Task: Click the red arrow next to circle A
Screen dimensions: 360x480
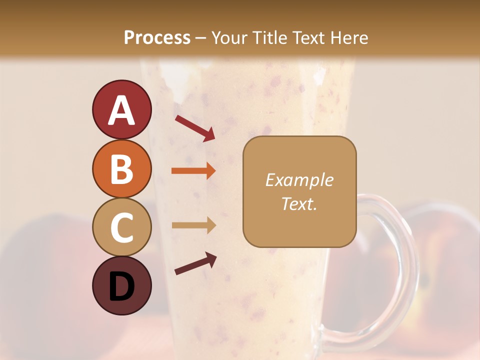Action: pyautogui.click(x=195, y=127)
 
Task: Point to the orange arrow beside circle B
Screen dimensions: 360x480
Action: pyautogui.click(x=193, y=171)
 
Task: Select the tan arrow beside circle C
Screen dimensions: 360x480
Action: pyautogui.click(x=193, y=225)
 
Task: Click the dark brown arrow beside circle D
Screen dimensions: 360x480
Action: pyautogui.click(x=195, y=263)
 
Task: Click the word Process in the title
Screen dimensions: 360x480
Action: pyautogui.click(x=157, y=37)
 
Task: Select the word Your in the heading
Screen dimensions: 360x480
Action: pyautogui.click(x=230, y=37)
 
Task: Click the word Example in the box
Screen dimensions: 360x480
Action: pyautogui.click(x=299, y=180)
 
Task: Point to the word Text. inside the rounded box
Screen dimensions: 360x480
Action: pyautogui.click(x=299, y=203)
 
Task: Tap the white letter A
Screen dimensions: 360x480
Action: pyautogui.click(x=121, y=110)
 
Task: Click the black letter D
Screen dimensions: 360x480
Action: pyautogui.click(x=121, y=286)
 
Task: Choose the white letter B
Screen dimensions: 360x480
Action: pyautogui.click(x=121, y=169)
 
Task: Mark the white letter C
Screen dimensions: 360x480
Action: pyautogui.click(x=121, y=228)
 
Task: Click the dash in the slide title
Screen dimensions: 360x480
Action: pyautogui.click(x=201, y=38)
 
